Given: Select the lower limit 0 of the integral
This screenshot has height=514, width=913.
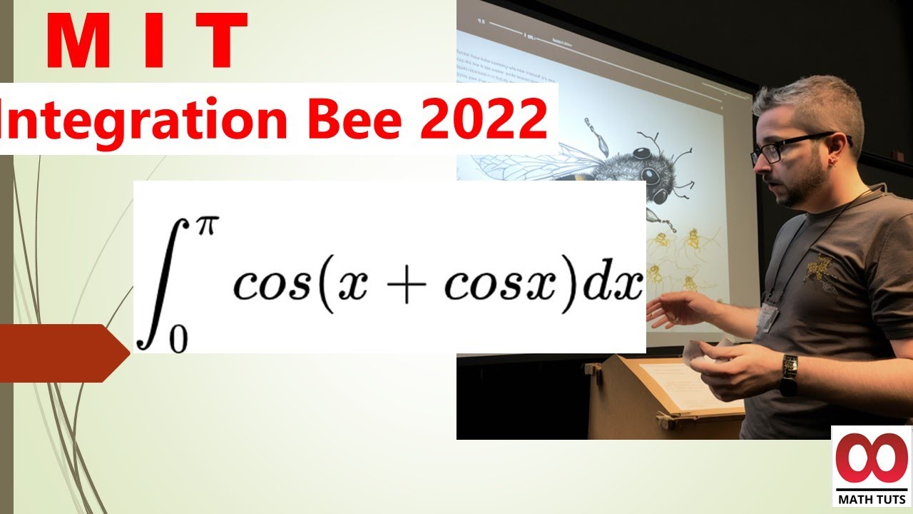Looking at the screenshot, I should (178, 338).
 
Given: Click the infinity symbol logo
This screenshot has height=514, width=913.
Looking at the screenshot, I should (872, 458).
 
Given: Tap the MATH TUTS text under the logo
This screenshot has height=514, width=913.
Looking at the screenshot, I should (872, 498).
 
